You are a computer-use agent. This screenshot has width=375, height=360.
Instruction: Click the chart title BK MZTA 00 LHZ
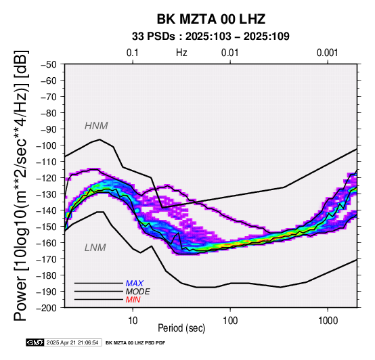coord(211,19)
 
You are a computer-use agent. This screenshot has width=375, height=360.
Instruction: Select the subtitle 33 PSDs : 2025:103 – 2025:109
coord(211,37)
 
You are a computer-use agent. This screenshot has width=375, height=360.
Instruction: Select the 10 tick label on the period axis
coord(133,320)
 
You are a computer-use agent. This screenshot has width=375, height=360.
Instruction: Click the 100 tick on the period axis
coord(230,320)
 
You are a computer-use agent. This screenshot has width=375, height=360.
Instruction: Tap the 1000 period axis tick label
coord(328,320)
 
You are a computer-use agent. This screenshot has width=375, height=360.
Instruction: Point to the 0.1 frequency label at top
coord(133,53)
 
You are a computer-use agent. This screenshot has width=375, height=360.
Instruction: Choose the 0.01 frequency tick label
coord(230,53)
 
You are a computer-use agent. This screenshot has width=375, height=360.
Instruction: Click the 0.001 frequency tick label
coord(327,53)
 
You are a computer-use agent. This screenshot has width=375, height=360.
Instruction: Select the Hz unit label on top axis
coord(181,53)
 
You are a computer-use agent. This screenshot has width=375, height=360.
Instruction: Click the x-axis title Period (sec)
coord(181,328)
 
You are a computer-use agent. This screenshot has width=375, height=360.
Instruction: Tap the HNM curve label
coord(96,126)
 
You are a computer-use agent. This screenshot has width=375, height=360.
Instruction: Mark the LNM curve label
coord(95,248)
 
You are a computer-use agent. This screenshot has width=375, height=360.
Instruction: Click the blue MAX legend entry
coord(135,284)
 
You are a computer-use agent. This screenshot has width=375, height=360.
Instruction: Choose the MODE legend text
coord(138,292)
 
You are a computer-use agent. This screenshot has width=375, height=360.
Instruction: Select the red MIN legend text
coord(133,300)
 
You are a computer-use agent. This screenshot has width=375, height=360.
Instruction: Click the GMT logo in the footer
coord(35,342)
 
